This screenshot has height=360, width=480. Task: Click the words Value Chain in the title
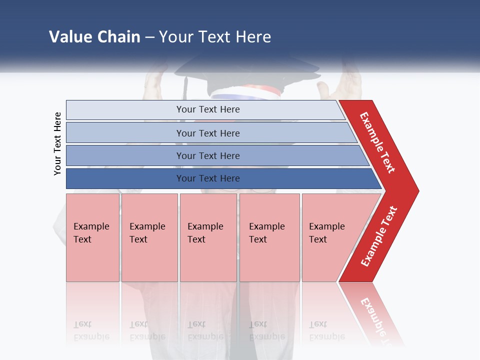click(94, 37)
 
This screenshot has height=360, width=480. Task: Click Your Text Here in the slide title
click(215, 37)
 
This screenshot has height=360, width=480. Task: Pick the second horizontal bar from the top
click(207, 133)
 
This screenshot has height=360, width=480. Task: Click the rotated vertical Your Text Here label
click(57, 143)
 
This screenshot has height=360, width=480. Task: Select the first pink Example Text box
click(92, 237)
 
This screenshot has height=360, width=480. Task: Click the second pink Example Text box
click(149, 237)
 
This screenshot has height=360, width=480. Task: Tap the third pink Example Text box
click(208, 237)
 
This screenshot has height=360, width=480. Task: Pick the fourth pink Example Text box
click(269, 237)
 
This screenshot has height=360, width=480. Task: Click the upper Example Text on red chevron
click(377, 142)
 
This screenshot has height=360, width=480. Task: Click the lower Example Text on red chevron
click(379, 236)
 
